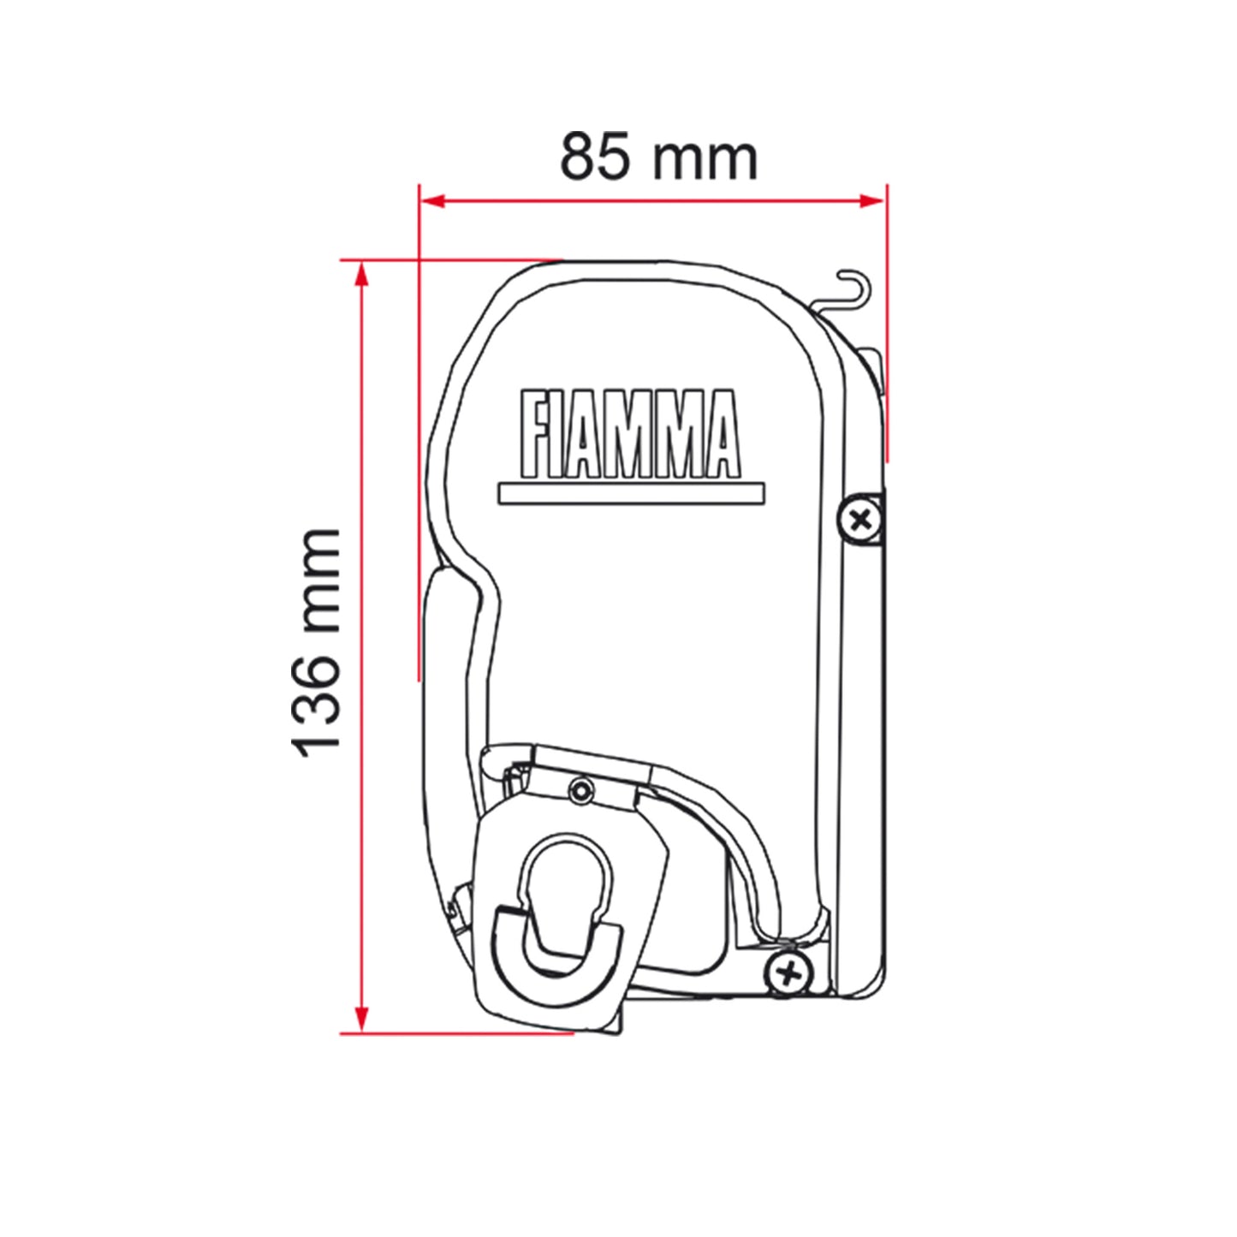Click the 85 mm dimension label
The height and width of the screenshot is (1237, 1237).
(x=658, y=157)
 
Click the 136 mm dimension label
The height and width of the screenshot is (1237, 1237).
(x=314, y=643)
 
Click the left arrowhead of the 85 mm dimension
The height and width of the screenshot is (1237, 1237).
(x=431, y=201)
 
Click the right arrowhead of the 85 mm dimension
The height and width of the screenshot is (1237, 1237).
(x=873, y=201)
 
